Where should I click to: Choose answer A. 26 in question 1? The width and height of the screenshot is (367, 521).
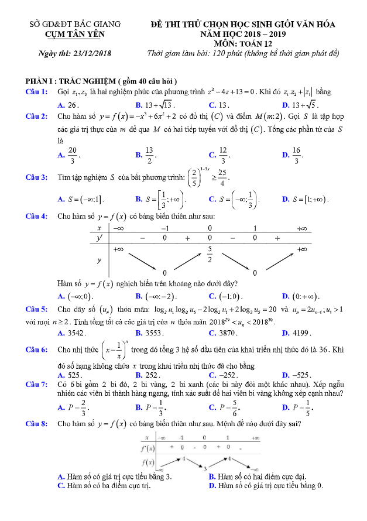[68, 105]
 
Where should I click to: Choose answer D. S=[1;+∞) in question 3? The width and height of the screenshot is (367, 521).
[304, 200]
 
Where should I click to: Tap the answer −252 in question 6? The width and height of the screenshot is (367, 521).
[224, 375]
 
